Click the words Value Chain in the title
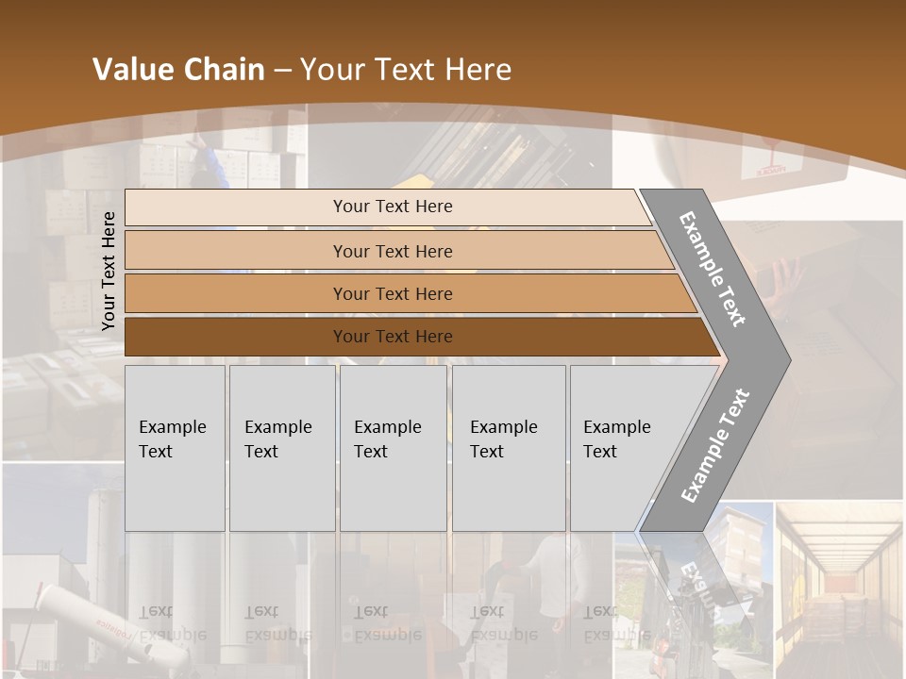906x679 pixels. [178, 69]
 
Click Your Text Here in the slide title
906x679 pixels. [406, 69]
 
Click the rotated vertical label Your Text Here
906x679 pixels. [109, 271]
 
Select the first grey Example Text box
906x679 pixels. [175, 448]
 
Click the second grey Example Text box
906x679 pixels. [282, 448]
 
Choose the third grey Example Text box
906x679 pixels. [393, 448]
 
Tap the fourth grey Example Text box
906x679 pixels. [509, 448]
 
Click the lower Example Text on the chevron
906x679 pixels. [715, 445]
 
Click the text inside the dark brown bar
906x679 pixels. [393, 337]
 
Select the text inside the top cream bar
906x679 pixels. [393, 207]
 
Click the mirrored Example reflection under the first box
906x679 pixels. [173, 635]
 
